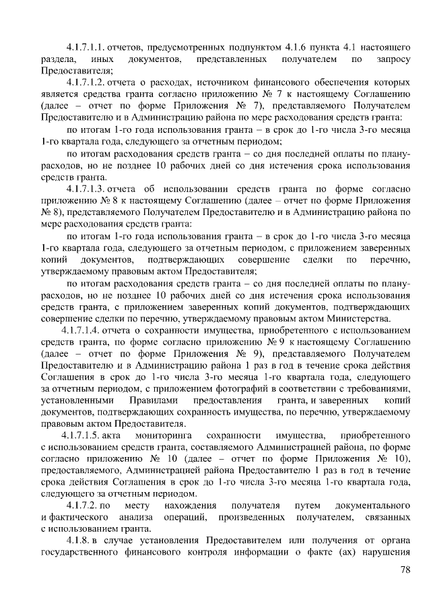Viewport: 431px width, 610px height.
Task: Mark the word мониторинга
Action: tap(167, 435)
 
